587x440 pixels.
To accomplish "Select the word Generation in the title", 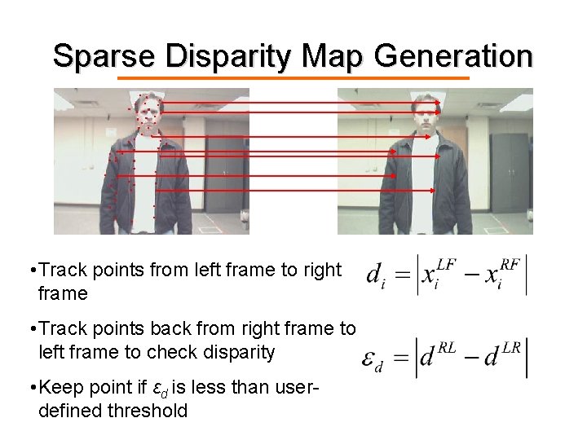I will (x=453, y=56).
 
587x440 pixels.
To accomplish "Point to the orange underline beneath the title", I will (x=293, y=78).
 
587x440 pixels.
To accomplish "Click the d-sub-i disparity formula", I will (x=447, y=275).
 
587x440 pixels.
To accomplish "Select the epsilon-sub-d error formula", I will (x=445, y=358).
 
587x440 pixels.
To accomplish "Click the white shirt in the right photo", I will (x=424, y=187).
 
